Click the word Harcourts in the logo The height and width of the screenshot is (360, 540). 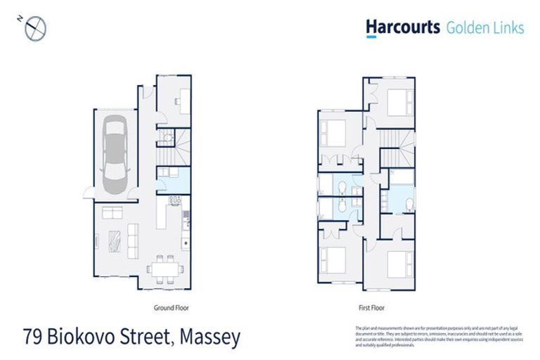[403, 27]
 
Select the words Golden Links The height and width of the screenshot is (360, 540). [484, 27]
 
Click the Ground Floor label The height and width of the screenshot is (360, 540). [171, 308]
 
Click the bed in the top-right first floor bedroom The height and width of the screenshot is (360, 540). [396, 101]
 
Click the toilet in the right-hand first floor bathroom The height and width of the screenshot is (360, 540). [407, 204]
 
